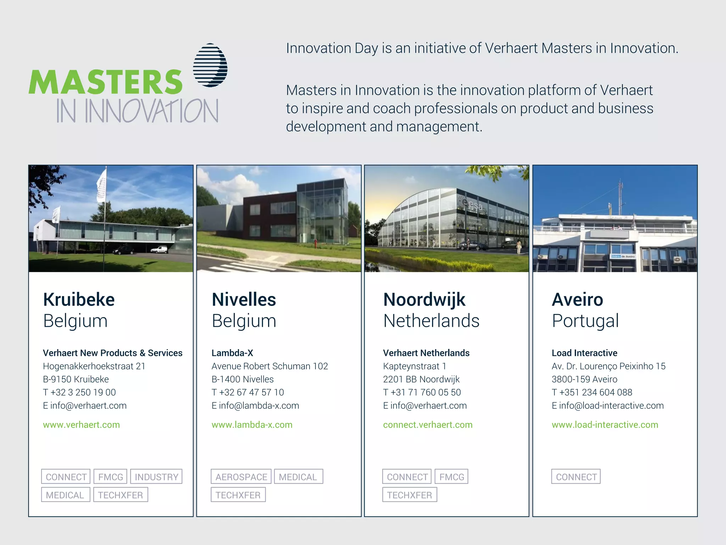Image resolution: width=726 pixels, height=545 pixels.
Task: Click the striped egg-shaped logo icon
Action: tap(210, 65)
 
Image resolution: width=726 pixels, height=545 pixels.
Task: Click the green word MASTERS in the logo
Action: tap(105, 82)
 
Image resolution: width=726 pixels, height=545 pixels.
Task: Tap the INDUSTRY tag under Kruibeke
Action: tap(156, 477)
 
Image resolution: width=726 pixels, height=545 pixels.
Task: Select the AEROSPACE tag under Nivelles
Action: tap(241, 477)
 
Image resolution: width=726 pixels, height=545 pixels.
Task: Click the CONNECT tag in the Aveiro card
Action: tap(576, 477)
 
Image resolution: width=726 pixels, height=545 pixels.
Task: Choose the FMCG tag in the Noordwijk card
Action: tap(452, 477)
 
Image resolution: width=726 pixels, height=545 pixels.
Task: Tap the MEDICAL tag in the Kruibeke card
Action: tap(65, 495)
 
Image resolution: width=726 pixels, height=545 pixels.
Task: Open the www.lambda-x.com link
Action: tap(252, 425)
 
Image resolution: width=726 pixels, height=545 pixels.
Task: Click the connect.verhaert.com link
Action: tap(428, 425)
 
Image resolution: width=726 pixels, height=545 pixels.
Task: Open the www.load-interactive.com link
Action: tap(605, 425)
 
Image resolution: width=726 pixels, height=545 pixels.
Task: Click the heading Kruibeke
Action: tap(79, 299)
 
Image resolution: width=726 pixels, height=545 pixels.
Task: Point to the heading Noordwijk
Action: tap(424, 299)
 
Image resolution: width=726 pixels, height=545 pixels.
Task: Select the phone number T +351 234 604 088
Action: tap(592, 392)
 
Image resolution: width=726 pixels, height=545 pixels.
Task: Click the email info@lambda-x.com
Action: tap(255, 406)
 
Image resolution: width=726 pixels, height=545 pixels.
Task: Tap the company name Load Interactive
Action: tap(584, 353)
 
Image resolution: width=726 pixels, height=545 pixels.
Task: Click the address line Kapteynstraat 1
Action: tap(414, 366)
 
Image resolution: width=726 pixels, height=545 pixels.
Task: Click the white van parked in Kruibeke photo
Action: tap(159, 249)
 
